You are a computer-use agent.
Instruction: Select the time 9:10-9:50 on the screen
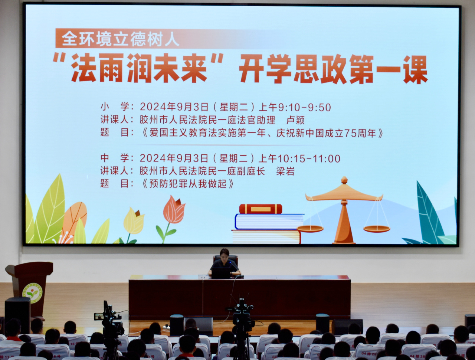pos(304,108)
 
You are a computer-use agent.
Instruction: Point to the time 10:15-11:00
pos(309,158)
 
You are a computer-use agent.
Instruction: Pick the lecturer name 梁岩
pos(285,171)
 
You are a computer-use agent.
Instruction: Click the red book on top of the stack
pos(261,209)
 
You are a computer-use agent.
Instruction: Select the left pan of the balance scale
pos(310,229)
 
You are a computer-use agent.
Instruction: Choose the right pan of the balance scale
pos(377,229)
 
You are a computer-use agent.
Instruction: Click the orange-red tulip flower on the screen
pos(174,209)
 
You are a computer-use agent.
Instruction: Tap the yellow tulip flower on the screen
pos(134,221)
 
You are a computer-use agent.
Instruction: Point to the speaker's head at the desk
pos(225,255)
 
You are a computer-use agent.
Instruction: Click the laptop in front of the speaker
pos(221,273)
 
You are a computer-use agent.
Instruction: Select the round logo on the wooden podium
pos(32,293)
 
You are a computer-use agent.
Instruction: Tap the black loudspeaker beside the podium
pos(17,313)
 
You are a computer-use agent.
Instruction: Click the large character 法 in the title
pos(83,68)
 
